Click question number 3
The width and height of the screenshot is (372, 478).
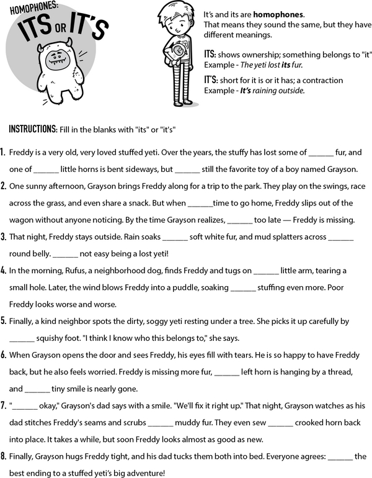click(4, 237)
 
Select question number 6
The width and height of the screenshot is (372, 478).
click(4, 354)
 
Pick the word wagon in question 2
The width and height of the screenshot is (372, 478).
click(21, 220)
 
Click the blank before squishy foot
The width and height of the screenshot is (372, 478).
click(21, 338)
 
